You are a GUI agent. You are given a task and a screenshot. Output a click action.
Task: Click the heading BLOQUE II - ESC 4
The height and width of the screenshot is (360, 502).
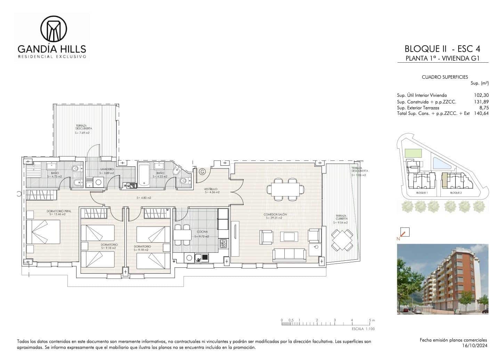click(442, 48)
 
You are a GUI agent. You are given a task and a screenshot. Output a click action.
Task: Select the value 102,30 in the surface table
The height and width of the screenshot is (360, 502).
click(481, 95)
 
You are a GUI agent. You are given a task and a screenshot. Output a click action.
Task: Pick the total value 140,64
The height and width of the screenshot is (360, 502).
click(481, 113)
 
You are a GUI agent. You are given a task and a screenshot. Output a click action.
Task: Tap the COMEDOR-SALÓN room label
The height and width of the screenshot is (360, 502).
click(275, 214)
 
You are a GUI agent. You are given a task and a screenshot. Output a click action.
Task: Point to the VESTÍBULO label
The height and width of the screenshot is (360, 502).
click(211, 189)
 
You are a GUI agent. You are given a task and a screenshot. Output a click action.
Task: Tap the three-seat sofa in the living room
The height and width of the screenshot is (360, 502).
click(289, 255)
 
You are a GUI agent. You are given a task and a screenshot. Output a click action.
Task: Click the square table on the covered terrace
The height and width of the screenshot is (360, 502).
click(342, 240)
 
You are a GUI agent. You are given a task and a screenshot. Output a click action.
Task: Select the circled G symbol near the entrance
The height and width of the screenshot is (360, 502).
click(202, 171)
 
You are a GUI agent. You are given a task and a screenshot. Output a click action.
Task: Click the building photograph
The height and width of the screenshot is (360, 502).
click(443, 279)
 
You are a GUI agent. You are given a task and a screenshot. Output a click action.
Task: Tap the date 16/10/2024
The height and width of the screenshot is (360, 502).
click(477, 345)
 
